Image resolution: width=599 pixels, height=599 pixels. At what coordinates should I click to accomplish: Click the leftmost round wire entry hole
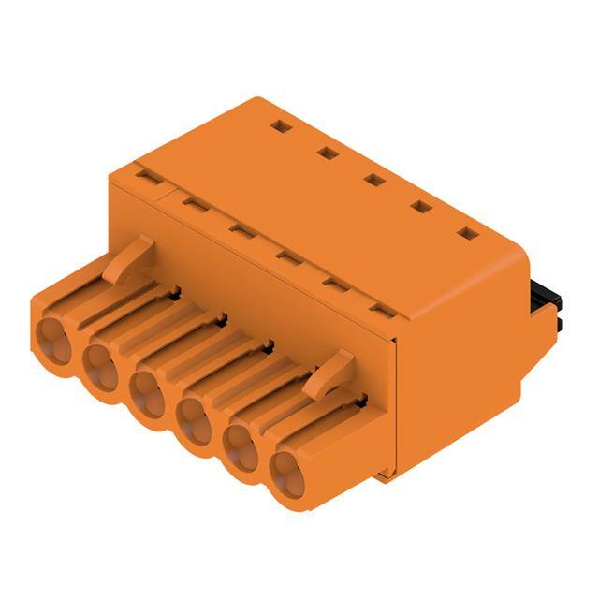tap(52, 338)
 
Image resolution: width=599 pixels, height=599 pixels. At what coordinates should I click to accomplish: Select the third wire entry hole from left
tap(148, 391)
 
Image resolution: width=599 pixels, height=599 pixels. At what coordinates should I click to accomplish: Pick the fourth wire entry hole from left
tap(195, 418)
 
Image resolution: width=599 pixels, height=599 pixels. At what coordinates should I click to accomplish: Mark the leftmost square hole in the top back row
tap(278, 125)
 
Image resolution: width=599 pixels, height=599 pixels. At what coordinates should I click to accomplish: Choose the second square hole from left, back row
tap(326, 153)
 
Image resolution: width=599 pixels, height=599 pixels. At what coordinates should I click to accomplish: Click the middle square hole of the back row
tap(373, 179)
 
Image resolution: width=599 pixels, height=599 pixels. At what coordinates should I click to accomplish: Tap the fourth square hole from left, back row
tap(421, 206)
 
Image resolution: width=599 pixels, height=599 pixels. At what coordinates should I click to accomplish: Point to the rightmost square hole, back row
tap(467, 233)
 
